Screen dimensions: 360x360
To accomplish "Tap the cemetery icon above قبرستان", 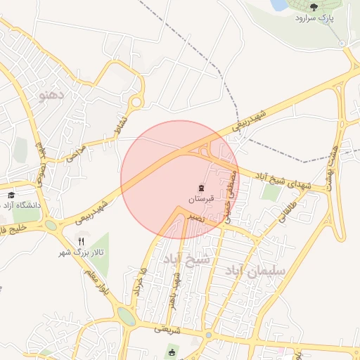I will [x=201, y=188].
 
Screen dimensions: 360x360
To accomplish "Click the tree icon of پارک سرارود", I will [x=314, y=6].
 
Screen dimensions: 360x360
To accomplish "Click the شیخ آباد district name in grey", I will [x=186, y=259].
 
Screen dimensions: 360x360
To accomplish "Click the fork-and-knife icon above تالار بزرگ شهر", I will [x=81, y=241].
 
